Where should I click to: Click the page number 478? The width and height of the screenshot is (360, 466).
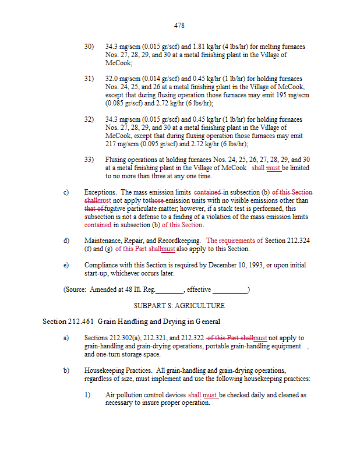(x=179, y=26)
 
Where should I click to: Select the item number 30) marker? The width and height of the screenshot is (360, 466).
(x=89, y=47)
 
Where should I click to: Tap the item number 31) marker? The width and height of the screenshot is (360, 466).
(x=89, y=79)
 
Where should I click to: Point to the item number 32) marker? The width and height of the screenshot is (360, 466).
(x=89, y=119)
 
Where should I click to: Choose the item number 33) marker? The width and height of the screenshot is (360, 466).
(x=89, y=160)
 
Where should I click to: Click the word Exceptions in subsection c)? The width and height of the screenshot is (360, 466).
(x=100, y=192)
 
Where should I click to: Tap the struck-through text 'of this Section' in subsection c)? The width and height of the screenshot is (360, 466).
(x=295, y=192)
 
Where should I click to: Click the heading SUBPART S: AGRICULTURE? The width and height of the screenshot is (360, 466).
(x=179, y=305)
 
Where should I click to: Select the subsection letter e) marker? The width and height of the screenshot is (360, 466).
(x=66, y=265)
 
